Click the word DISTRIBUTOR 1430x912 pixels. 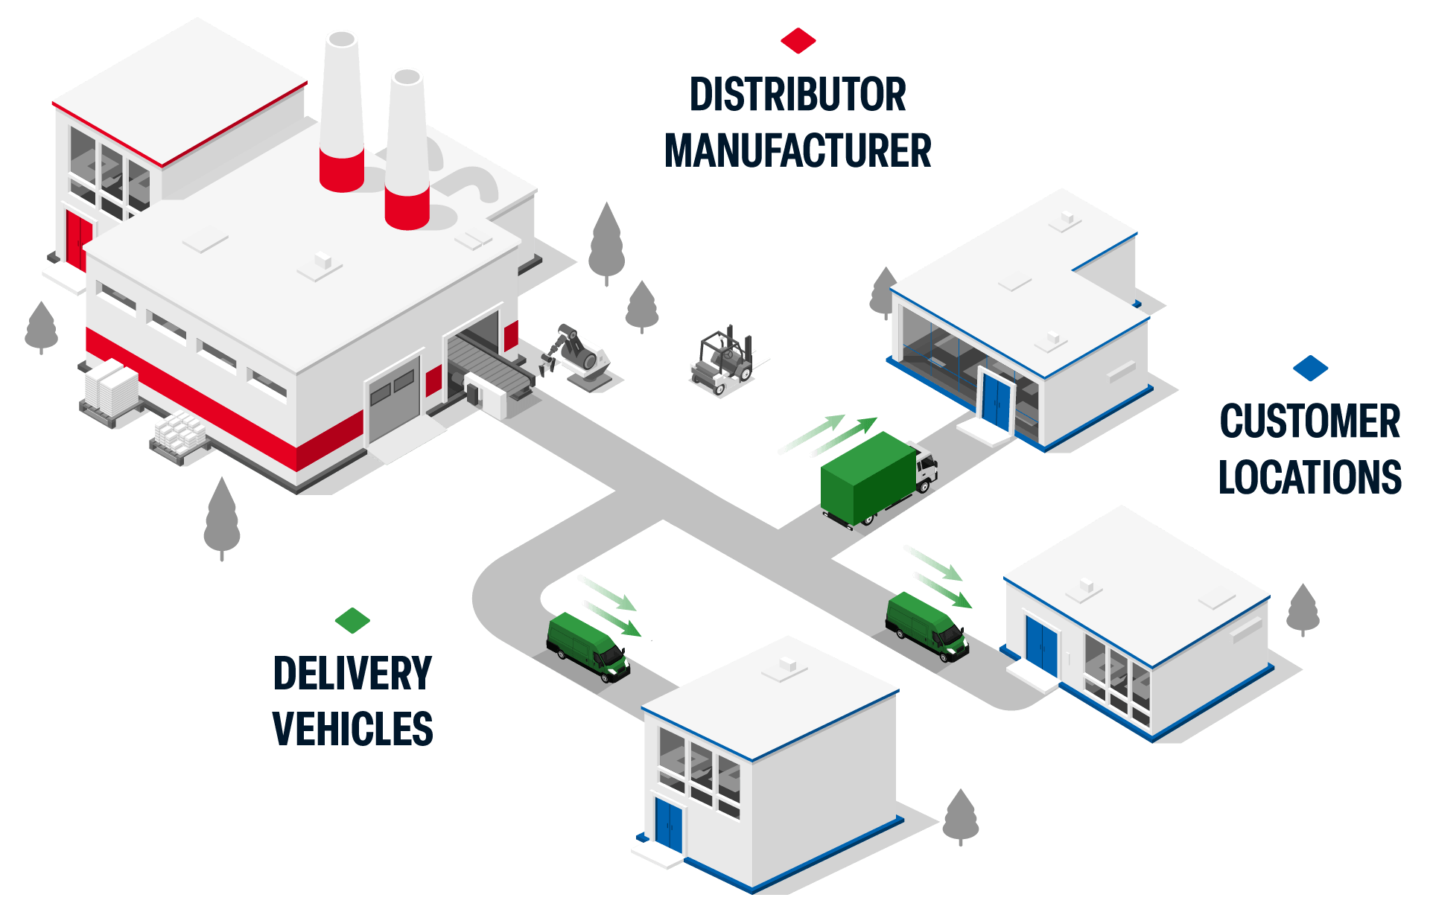click(798, 95)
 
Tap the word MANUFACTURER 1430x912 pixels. click(798, 150)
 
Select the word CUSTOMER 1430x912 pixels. click(1310, 421)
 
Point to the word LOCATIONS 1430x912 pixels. click(1310, 477)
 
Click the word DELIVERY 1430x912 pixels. click(352, 673)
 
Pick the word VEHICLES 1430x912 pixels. click(352, 729)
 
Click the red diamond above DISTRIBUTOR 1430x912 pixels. click(798, 41)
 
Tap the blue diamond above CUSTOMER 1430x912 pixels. click(1310, 368)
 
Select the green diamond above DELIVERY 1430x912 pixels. click(352, 620)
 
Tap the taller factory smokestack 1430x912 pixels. click(342, 112)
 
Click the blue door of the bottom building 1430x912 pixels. click(669, 824)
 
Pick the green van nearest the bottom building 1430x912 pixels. click(588, 645)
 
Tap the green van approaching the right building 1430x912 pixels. click(927, 625)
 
